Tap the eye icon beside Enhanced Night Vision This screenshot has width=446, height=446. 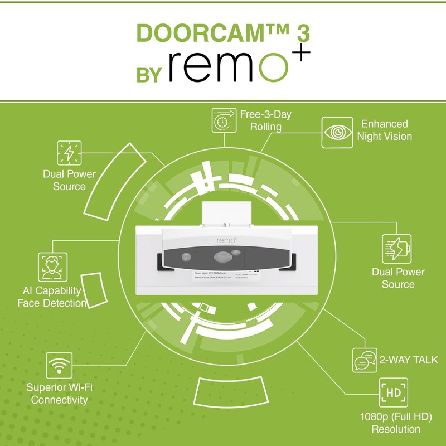pyautogui.click(x=337, y=132)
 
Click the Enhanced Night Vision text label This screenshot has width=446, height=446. pyautogui.click(x=384, y=130)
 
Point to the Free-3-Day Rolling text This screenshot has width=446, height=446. pyautogui.click(x=265, y=120)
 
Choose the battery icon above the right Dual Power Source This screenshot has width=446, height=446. pyautogui.click(x=396, y=248)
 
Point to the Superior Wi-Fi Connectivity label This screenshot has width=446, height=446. pyautogui.click(x=59, y=393)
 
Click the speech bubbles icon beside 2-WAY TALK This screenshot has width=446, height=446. pyautogui.click(x=365, y=360)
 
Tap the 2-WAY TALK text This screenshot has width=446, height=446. pyautogui.click(x=409, y=360)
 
